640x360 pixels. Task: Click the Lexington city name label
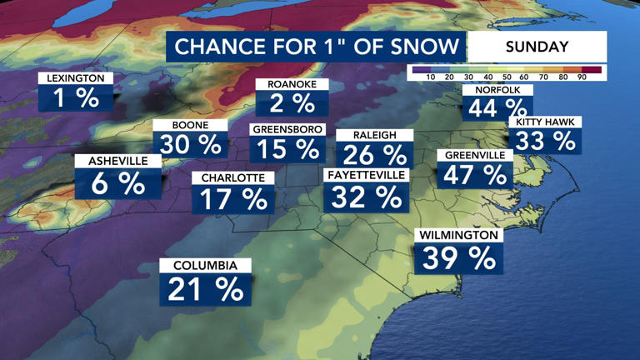point(75,78)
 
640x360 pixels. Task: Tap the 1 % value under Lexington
point(75,98)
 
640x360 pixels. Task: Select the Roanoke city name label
point(292,84)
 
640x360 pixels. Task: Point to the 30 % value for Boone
point(190,144)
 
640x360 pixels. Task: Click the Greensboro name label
point(286,130)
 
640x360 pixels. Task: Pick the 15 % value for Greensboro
point(286,150)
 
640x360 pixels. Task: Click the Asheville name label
point(111,161)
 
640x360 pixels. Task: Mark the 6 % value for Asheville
point(111,183)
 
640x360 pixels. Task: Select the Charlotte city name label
point(232,177)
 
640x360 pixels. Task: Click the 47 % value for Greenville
point(475,175)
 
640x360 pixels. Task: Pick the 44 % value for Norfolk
point(497,108)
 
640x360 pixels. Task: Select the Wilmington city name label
point(458,236)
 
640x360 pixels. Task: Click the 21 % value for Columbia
point(206,289)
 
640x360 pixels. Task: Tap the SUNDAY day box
point(537,47)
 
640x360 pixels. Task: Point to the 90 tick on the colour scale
point(581,77)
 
